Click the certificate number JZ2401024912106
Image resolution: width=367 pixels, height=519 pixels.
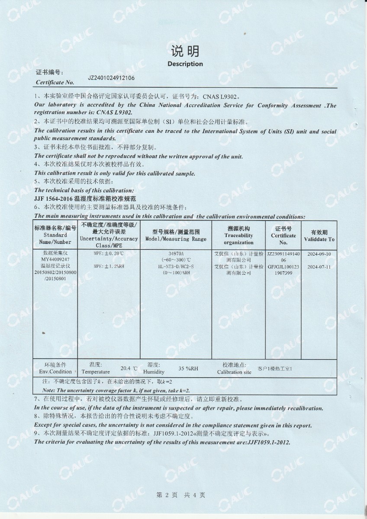[111, 78]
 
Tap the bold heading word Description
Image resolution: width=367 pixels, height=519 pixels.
[185, 64]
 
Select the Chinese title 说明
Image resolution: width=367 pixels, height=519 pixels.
[185, 52]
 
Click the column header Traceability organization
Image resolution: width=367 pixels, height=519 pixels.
[239, 235]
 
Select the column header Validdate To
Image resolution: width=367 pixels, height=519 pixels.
[319, 239]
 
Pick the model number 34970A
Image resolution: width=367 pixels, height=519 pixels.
[176, 253]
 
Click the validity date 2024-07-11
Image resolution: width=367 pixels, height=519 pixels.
[319, 267]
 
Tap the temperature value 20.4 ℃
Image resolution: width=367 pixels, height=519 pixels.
[129, 368]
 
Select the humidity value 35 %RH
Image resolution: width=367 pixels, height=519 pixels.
[188, 368]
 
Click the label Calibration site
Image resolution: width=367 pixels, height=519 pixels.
[234, 372]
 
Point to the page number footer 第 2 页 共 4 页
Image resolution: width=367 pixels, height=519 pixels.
[180, 495]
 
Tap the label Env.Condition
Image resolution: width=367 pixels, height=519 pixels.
[55, 372]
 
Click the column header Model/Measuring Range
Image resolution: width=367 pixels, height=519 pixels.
[176, 239]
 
